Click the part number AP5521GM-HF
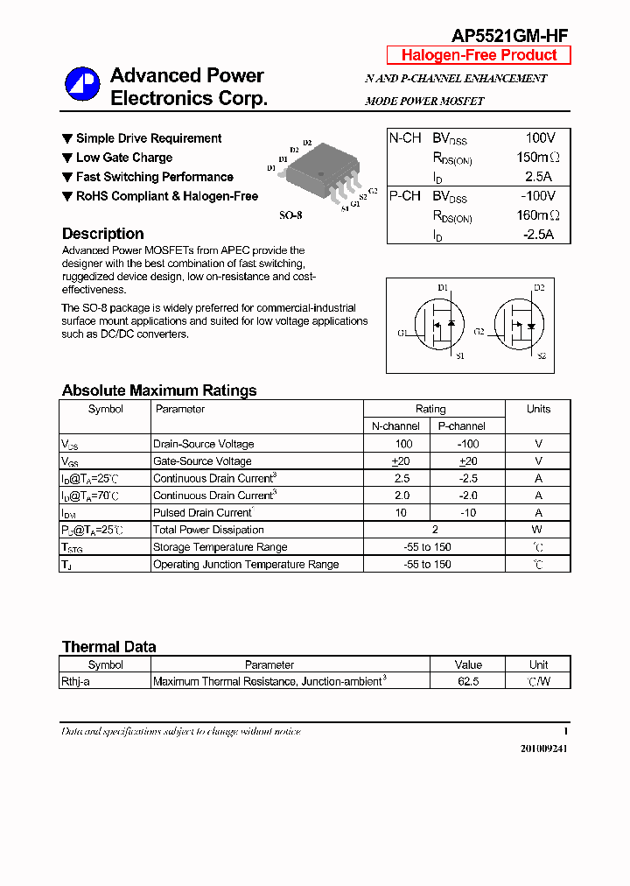pyautogui.click(x=509, y=35)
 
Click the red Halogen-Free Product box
pyautogui.click(x=479, y=55)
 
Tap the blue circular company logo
pyautogui.click(x=82, y=85)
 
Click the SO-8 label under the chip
pyautogui.click(x=290, y=214)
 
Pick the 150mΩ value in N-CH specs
pyautogui.click(x=537, y=158)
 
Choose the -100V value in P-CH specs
pyautogui.click(x=538, y=196)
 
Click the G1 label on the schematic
pyautogui.click(x=402, y=333)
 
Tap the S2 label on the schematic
pyautogui.click(x=542, y=356)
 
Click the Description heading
pyautogui.click(x=103, y=234)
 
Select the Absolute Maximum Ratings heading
pyautogui.click(x=159, y=390)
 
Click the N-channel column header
pyautogui.click(x=395, y=426)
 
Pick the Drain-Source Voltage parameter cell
pyautogui.click(x=204, y=444)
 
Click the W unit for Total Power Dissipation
pyautogui.click(x=538, y=530)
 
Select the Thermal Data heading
pyautogui.click(x=109, y=647)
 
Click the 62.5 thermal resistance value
pyautogui.click(x=468, y=681)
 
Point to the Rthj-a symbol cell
pyautogui.click(x=76, y=681)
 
